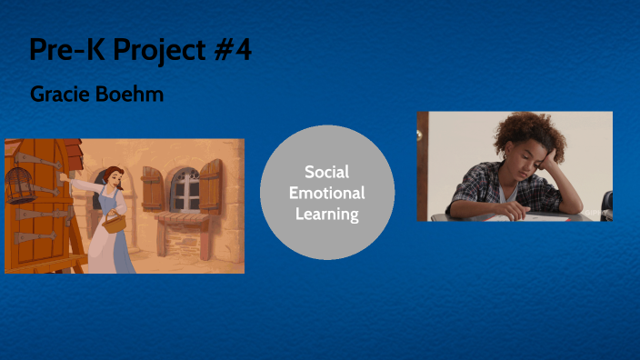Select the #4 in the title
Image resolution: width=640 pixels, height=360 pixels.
click(234, 51)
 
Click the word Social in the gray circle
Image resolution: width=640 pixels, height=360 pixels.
click(327, 172)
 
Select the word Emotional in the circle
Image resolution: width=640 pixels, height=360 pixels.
click(327, 193)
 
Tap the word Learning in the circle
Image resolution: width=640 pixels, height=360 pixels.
click(327, 215)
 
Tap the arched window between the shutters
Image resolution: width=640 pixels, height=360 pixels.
click(185, 189)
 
